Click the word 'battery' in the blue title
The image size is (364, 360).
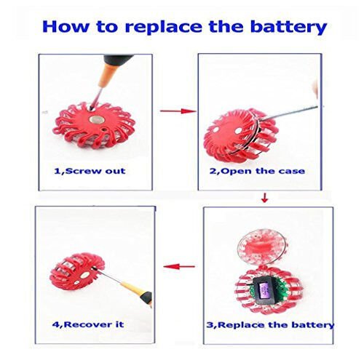point(288,27)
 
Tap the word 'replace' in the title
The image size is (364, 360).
point(163,28)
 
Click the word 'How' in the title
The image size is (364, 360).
point(65,27)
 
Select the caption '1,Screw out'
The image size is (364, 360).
point(90,171)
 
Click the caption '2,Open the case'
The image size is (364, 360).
point(257,171)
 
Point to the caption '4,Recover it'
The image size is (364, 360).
point(88,324)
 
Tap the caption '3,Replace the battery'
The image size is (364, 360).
point(270,325)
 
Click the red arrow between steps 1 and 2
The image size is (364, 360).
point(178,111)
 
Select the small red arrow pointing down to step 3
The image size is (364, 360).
point(264,198)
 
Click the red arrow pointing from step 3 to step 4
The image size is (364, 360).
point(179,267)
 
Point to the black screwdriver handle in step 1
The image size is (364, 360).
point(118,61)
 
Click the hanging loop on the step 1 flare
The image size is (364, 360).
point(57,130)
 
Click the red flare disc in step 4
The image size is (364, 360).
point(77,273)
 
